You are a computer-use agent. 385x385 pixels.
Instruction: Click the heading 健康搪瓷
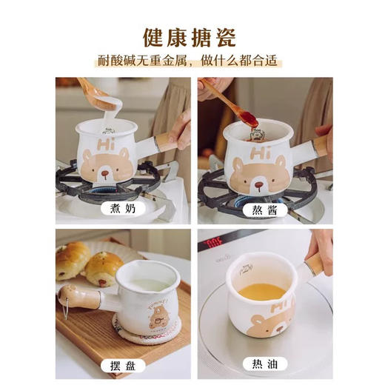[x=192, y=36]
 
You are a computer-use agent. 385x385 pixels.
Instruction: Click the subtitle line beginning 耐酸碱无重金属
[x=192, y=61]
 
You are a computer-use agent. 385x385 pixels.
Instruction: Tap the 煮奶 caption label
[x=121, y=209]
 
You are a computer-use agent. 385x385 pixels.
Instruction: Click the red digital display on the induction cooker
[x=214, y=241]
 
